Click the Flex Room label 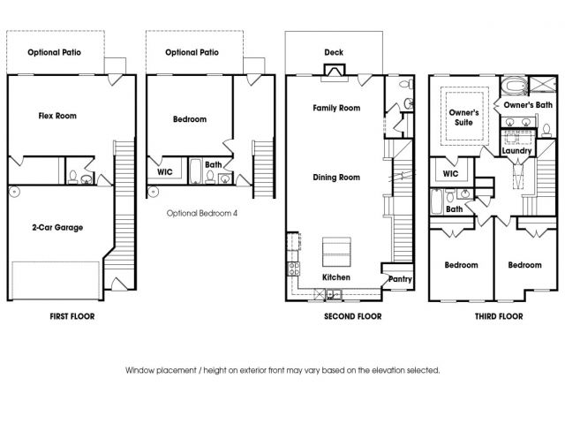point(57,116)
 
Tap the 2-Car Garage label point(57,228)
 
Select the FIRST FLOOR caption point(72,316)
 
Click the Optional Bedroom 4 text point(202,213)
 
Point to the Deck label point(334,52)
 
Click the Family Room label point(336,108)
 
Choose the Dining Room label point(336,178)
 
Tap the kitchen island point(336,252)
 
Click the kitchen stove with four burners point(293,269)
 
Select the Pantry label point(400,279)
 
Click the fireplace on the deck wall point(335,71)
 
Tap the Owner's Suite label point(463,117)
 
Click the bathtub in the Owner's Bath point(515,87)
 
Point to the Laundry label point(516,151)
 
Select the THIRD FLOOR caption point(499,316)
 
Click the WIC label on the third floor point(450,174)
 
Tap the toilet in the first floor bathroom point(73,177)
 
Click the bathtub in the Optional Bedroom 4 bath point(196,171)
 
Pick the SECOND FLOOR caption point(353,316)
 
